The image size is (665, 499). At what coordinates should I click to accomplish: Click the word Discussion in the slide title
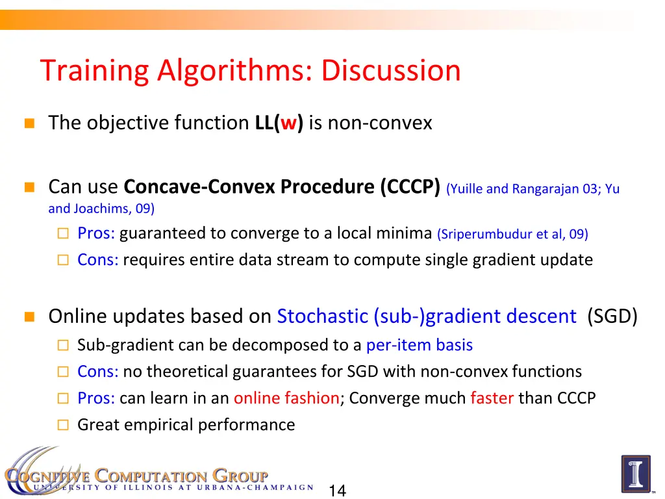390,71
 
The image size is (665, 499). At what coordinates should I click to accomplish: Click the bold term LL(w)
279,123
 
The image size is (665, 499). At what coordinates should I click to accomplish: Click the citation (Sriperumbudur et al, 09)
512,234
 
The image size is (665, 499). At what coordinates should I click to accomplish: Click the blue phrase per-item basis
420,345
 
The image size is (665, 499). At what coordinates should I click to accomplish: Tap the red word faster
492,398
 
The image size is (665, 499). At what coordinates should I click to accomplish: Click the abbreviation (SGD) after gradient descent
612,316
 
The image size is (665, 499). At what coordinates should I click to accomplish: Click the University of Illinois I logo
635,474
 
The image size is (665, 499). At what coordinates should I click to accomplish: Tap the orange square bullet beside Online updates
29,317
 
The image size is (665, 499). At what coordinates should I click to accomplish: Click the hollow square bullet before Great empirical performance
62,426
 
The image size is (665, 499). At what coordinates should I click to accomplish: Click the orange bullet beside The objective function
29,123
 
